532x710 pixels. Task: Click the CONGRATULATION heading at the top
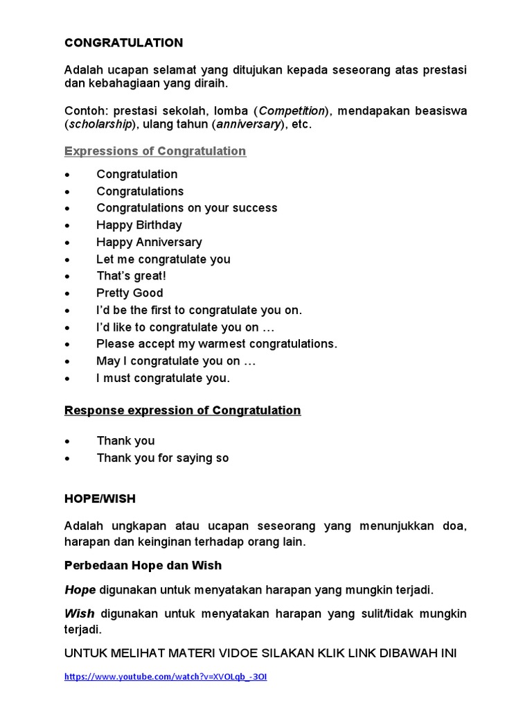coord(124,43)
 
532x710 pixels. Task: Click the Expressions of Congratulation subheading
coord(155,151)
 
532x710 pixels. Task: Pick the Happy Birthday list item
coord(139,225)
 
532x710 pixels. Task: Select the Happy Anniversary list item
coord(149,242)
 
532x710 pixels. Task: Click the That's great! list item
coord(132,276)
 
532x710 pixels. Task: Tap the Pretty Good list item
coord(130,293)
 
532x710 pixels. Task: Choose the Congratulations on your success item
coord(186,208)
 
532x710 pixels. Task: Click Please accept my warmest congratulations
coord(217,344)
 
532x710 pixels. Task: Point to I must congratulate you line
coord(163,378)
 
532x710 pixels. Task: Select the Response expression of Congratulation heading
coord(183,410)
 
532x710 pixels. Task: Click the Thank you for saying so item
coord(163,458)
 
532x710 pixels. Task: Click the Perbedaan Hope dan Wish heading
coord(143,565)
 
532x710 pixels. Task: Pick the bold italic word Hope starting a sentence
coord(80,589)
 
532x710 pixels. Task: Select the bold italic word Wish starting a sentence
coord(80,614)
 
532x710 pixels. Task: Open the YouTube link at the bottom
coord(166,677)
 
